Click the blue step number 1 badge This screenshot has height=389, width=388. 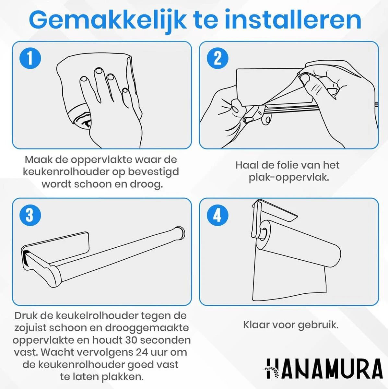coord(30,58)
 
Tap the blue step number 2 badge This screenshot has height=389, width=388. coord(217,58)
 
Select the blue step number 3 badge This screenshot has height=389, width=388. coord(30,215)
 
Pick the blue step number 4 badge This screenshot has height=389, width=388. coord(217,215)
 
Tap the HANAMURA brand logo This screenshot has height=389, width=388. coord(324,369)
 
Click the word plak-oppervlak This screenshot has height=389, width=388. coord(289,178)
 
